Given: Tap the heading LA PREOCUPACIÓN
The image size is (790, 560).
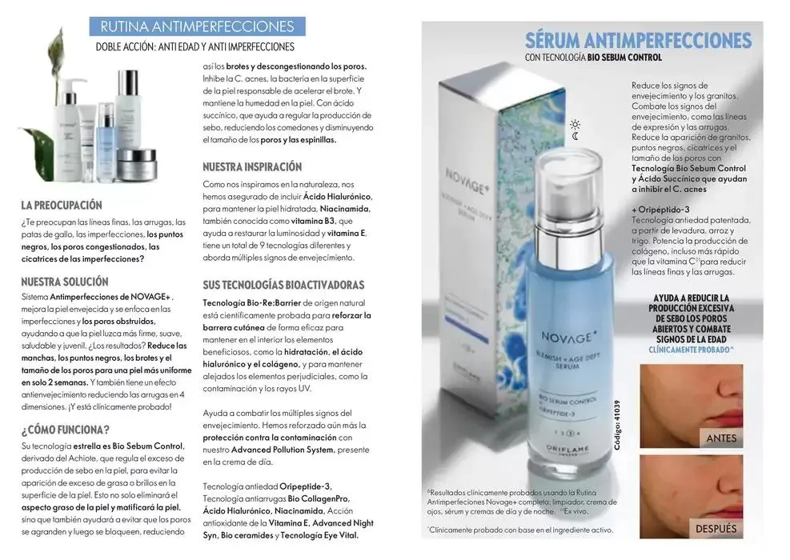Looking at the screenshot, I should click(x=62, y=205).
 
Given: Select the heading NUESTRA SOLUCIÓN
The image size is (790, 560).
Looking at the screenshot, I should click(x=65, y=282).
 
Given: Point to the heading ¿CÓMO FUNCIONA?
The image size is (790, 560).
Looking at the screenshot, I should click(x=66, y=427).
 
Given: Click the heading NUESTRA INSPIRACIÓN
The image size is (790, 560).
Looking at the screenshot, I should click(x=252, y=167).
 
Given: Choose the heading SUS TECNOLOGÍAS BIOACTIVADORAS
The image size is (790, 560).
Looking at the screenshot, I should click(x=284, y=285).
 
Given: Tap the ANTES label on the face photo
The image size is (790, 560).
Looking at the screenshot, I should click(x=721, y=438).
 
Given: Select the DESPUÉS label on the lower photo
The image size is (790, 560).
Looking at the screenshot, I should click(x=716, y=529).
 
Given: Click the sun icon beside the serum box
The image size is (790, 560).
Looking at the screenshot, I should click(x=574, y=124).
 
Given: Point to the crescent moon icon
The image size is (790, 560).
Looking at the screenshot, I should click(x=575, y=137).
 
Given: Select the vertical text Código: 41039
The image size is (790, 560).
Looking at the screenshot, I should click(x=618, y=423).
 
